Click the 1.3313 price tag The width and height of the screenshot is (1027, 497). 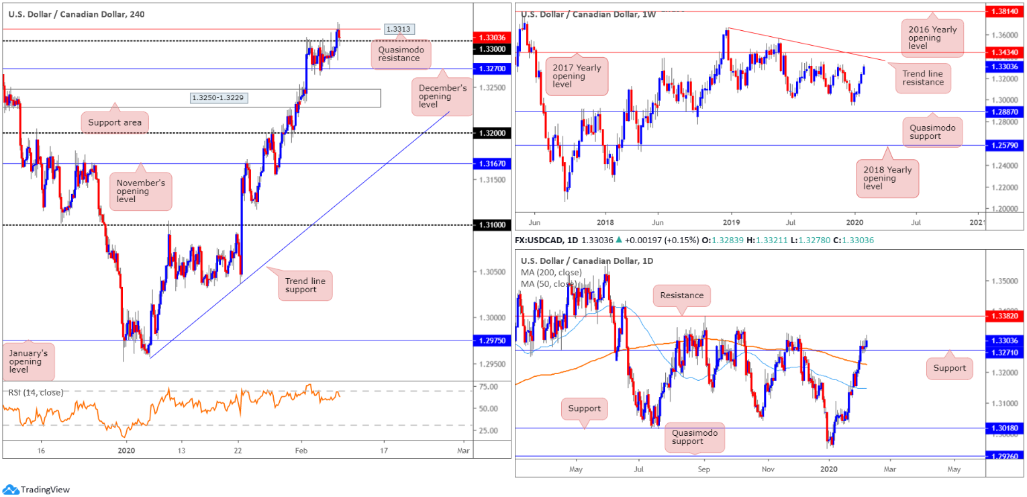click(399, 29)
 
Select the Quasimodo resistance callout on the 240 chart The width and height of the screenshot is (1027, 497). click(398, 53)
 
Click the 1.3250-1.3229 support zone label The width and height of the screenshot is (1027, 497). click(217, 98)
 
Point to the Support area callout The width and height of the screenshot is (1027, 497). click(115, 122)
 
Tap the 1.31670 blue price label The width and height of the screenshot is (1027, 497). click(493, 163)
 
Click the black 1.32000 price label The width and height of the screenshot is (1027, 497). click(493, 133)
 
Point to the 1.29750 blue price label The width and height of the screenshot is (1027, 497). click(493, 341)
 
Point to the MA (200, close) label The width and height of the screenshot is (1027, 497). click(551, 273)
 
